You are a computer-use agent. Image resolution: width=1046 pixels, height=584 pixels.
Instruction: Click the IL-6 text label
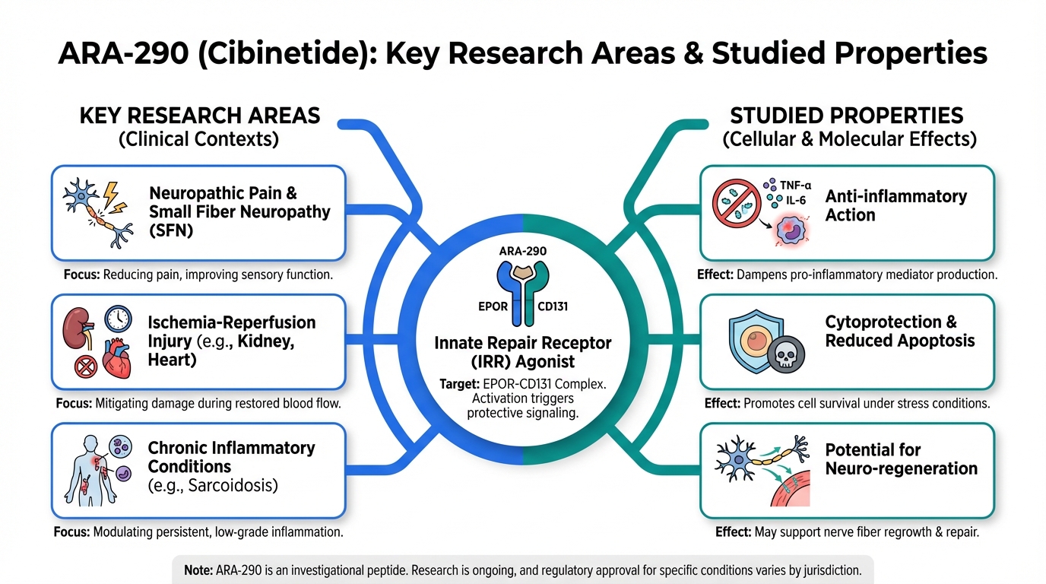791,201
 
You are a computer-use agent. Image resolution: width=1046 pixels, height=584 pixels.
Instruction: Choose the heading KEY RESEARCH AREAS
200,116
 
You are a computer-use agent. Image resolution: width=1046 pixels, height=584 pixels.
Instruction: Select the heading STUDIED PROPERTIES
847,116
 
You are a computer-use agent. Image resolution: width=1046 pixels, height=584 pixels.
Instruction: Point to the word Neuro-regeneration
901,468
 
